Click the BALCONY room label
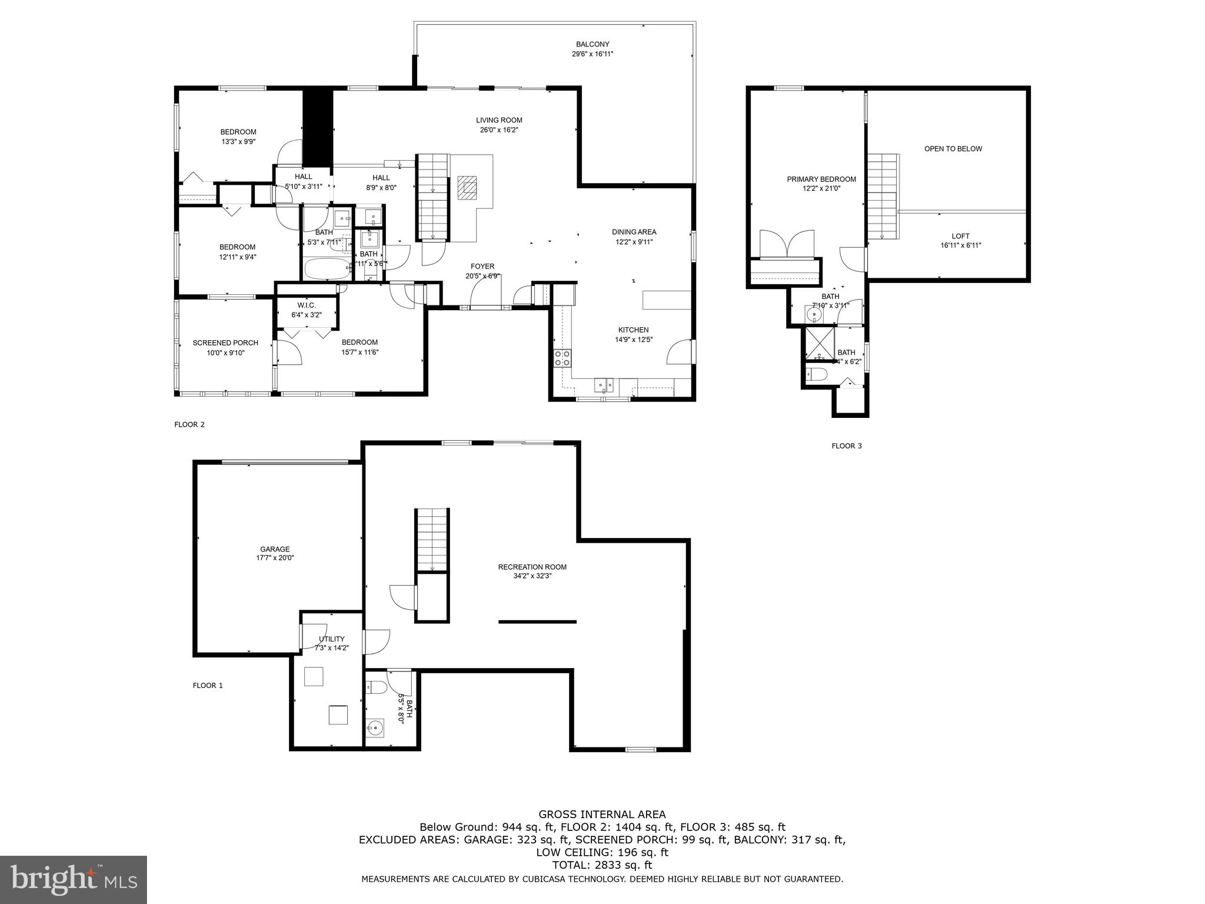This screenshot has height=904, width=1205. pyautogui.click(x=592, y=44)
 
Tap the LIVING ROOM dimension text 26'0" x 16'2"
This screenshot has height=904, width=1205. pyautogui.click(x=499, y=130)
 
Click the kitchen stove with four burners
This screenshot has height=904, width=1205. pyautogui.click(x=562, y=358)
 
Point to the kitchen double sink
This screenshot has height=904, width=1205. pyautogui.click(x=604, y=385)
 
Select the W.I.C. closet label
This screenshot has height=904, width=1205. pyautogui.click(x=307, y=305)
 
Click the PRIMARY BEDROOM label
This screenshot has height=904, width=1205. pyautogui.click(x=821, y=179)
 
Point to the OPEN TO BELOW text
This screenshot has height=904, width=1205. pyautogui.click(x=953, y=149)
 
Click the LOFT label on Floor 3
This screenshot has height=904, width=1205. pyautogui.click(x=960, y=236)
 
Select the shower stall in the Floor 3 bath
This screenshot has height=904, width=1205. pyautogui.click(x=820, y=343)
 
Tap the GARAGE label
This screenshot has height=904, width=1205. pyautogui.click(x=275, y=549)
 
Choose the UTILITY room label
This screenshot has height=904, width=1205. pyautogui.click(x=332, y=639)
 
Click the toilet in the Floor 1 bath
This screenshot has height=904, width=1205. pyautogui.click(x=375, y=687)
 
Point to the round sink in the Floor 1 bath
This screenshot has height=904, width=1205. pyautogui.click(x=374, y=729)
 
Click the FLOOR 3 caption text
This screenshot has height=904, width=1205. pyautogui.click(x=846, y=446)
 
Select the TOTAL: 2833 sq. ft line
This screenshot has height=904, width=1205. pyautogui.click(x=602, y=865)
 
